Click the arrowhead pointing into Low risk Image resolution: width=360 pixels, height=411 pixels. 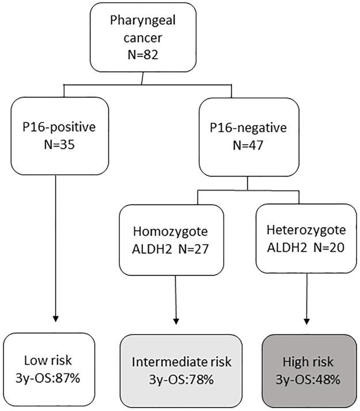(56, 318)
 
